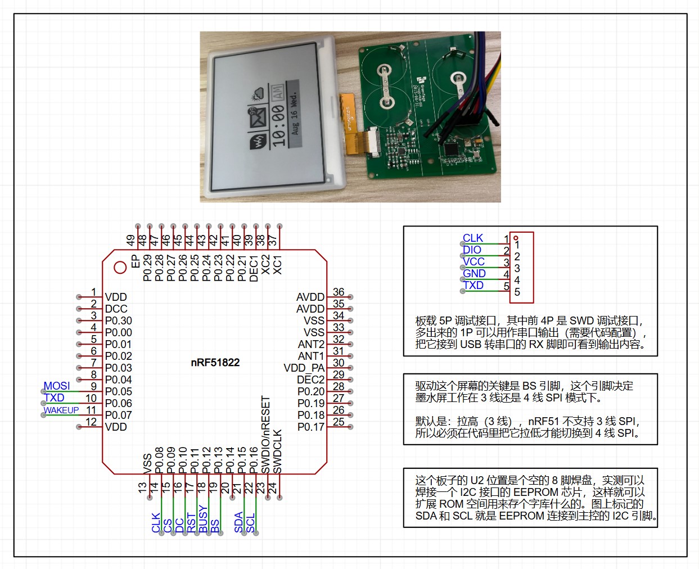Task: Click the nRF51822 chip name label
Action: pyautogui.click(x=215, y=363)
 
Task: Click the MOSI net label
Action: pyautogui.click(x=57, y=386)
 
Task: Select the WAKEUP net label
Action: pyautogui.click(x=61, y=410)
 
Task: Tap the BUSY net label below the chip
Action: pyautogui.click(x=204, y=520)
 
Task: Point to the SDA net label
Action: pyautogui.click(x=239, y=522)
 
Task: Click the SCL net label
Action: pyautogui.click(x=251, y=523)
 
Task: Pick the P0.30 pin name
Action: pyautogui.click(x=118, y=320)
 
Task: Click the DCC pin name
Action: pyautogui.click(x=116, y=309)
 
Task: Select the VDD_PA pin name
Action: pyautogui.click(x=304, y=368)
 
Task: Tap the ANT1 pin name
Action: pyautogui.click(x=311, y=356)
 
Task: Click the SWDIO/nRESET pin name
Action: pyautogui.click(x=266, y=435)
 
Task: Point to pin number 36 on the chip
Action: pyautogui.click(x=339, y=292)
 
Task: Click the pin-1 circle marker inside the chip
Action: pyautogui.click(x=120, y=268)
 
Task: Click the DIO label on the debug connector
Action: pyautogui.click(x=472, y=250)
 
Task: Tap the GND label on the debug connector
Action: pyautogui.click(x=474, y=273)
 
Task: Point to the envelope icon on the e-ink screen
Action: pyautogui.click(x=258, y=118)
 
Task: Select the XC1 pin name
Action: pyautogui.click(x=278, y=265)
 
